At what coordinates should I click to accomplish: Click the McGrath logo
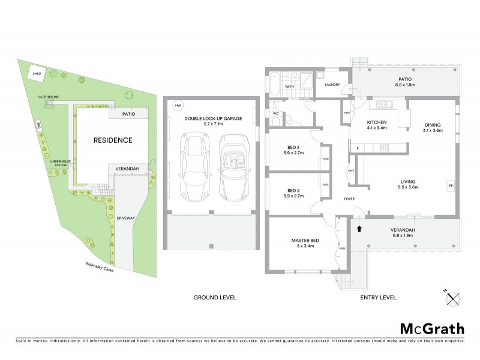(432, 328)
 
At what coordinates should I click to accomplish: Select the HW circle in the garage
(177, 106)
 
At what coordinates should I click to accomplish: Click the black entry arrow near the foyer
(359, 228)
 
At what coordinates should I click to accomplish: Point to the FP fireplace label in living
(450, 185)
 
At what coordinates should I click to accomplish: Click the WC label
(275, 113)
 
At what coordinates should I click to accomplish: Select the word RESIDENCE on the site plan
(112, 140)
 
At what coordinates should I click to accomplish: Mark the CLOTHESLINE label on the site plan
(48, 95)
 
